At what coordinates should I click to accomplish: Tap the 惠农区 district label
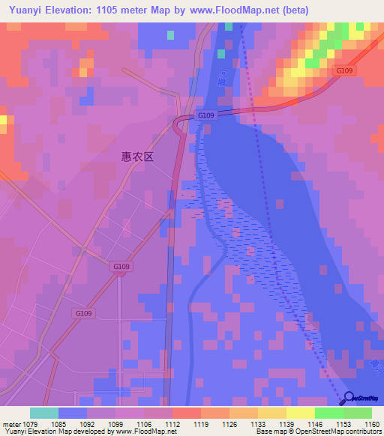click(137, 157)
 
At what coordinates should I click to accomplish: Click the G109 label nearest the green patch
click(344, 70)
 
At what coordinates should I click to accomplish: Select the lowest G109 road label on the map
click(83, 313)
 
